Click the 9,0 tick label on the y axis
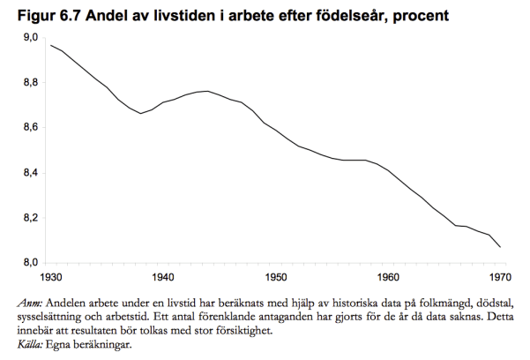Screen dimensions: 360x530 [29, 37]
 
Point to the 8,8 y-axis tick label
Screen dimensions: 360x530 [29, 82]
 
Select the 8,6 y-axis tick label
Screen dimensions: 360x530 [29, 128]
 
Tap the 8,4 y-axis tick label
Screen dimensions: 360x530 [29, 173]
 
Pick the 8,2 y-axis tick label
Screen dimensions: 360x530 [29, 218]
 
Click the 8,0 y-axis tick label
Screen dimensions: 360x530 [29, 263]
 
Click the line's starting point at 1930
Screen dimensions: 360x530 [51, 45]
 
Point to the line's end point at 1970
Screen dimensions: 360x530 [502, 247]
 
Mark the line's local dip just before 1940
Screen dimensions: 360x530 [142, 114]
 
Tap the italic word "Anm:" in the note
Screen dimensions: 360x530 [30, 303]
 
